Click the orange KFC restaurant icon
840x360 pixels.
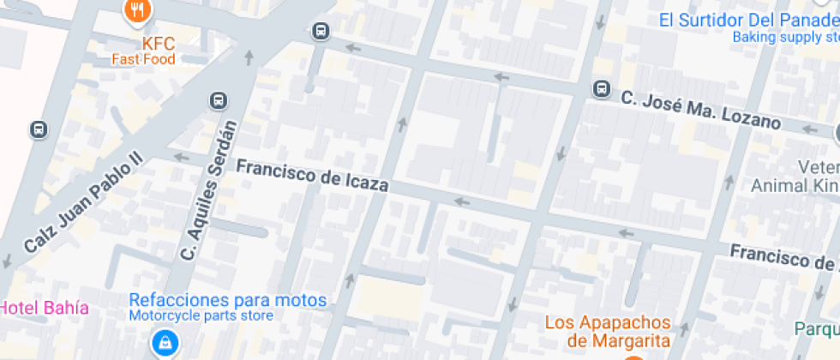coord(137,11)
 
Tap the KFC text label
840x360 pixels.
coord(158,43)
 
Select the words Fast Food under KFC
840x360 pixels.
coord(143,59)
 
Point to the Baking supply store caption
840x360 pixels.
coord(785,37)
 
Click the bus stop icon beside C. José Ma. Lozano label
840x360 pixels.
coord(602,89)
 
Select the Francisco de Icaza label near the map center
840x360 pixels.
coord(312,175)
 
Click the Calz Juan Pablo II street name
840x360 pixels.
coord(82,206)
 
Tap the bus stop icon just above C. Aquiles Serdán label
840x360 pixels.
coord(219,101)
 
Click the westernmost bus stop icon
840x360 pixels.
coord(39,129)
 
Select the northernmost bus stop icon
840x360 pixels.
coord(321,32)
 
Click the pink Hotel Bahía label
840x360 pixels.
coord(44,307)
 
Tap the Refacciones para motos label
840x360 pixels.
coord(228,300)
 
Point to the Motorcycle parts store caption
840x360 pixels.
coord(201,315)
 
